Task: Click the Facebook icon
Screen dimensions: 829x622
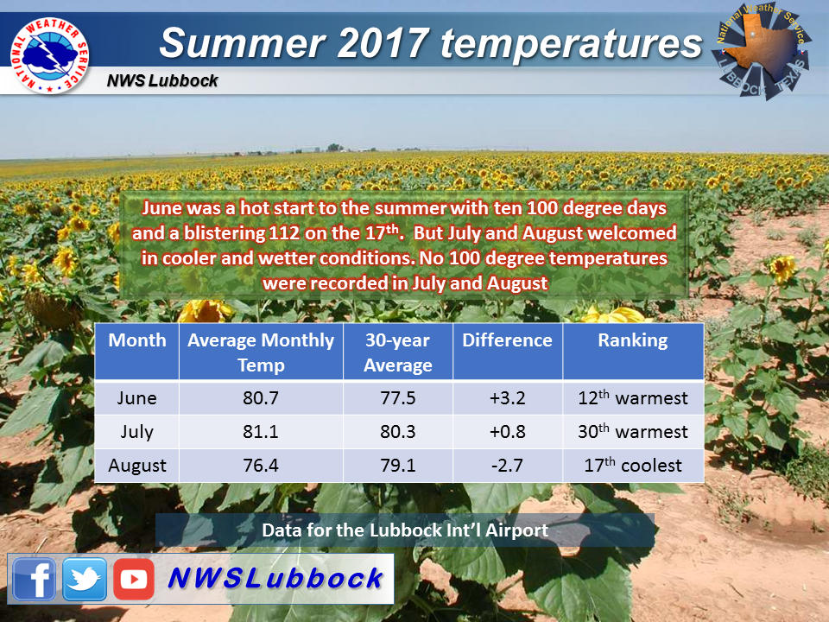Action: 35,579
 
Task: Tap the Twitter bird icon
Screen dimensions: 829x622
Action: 85,579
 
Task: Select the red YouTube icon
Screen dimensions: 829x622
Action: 134,579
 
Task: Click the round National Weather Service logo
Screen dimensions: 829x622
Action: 50,55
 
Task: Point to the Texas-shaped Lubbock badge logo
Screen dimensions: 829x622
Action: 762,51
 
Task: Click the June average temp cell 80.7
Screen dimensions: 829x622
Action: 261,397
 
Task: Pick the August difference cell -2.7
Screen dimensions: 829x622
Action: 507,466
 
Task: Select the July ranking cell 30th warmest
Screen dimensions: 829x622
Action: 633,431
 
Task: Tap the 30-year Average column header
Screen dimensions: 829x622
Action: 397,352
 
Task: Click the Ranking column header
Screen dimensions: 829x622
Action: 633,340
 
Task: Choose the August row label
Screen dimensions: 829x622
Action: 137,466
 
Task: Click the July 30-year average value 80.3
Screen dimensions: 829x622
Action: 397,432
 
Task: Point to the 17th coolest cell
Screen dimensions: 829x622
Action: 633,465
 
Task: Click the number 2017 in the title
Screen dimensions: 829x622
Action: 382,42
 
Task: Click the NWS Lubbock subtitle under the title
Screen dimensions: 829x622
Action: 162,80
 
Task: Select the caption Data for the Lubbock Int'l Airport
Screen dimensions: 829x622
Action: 405,530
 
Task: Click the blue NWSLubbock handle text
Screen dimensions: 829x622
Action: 275,578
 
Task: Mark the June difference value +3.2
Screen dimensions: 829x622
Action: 507,397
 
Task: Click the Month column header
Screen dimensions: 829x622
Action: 137,340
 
